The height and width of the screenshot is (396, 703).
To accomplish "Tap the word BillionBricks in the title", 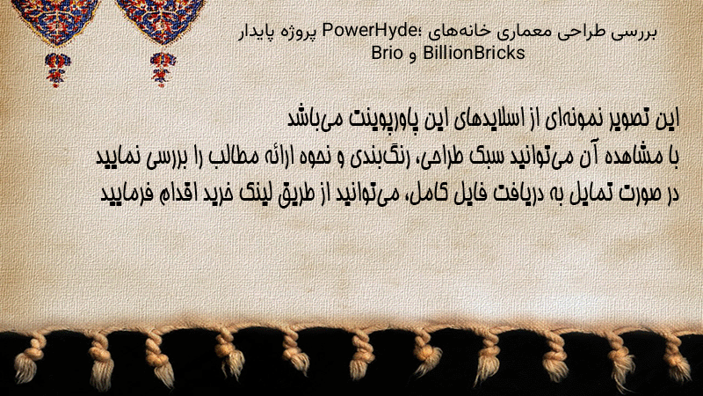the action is (x=474, y=53).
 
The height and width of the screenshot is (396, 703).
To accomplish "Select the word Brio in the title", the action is (x=387, y=53).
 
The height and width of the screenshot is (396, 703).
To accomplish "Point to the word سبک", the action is (x=484, y=157).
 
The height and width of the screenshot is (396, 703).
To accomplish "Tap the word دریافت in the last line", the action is (x=500, y=194).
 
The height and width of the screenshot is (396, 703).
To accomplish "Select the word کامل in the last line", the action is (x=426, y=194).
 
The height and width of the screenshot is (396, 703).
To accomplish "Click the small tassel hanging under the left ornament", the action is (x=57, y=70).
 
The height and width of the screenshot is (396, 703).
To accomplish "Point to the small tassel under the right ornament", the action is (x=163, y=69).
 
